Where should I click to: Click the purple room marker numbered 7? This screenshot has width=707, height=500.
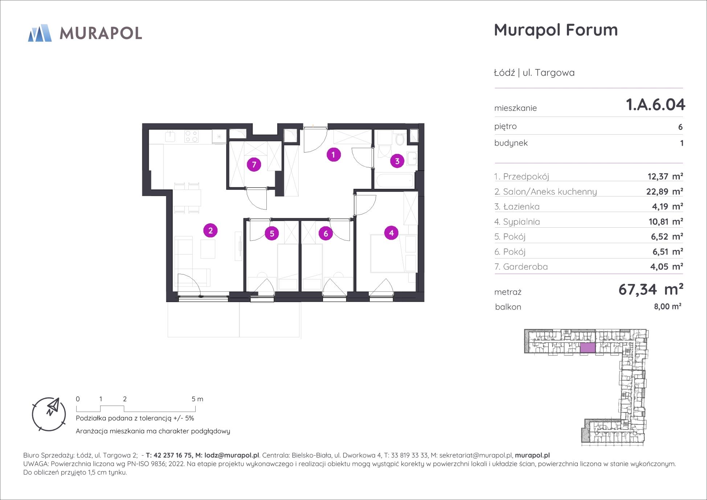(x=254, y=164)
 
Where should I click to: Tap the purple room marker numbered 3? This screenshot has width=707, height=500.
(x=397, y=161)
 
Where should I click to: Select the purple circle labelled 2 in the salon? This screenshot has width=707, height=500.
(x=211, y=230)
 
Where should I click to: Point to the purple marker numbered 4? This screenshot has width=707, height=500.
(x=391, y=233)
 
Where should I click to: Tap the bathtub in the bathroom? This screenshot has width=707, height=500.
(x=394, y=180)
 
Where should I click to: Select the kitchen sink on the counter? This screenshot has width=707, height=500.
(x=170, y=136)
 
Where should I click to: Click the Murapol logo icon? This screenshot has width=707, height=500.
(x=40, y=33)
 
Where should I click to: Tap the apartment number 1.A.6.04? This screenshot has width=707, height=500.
(x=655, y=105)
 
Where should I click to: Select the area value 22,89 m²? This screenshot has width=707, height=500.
(x=665, y=191)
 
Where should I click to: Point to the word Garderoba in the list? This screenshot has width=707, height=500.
(x=525, y=267)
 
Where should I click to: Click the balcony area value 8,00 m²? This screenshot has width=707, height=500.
(x=667, y=306)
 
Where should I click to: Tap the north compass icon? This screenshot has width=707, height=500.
(x=49, y=414)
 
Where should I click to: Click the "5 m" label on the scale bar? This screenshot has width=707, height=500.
(x=197, y=399)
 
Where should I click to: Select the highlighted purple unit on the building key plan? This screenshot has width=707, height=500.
(x=588, y=347)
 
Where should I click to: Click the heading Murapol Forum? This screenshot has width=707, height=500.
(x=556, y=30)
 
